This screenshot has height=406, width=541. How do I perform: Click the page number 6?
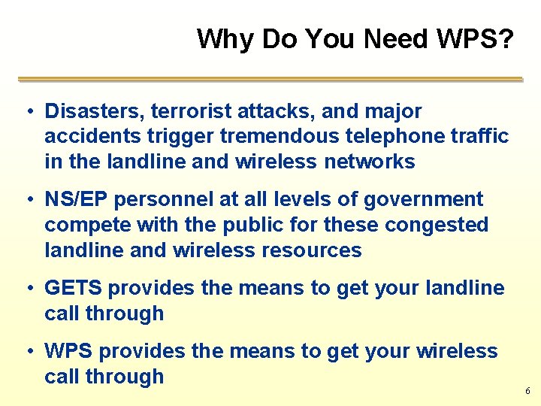(527, 391)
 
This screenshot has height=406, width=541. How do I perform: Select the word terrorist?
(192, 111)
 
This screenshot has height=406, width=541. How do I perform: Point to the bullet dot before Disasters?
(26, 112)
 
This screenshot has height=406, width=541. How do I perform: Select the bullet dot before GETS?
(26, 289)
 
